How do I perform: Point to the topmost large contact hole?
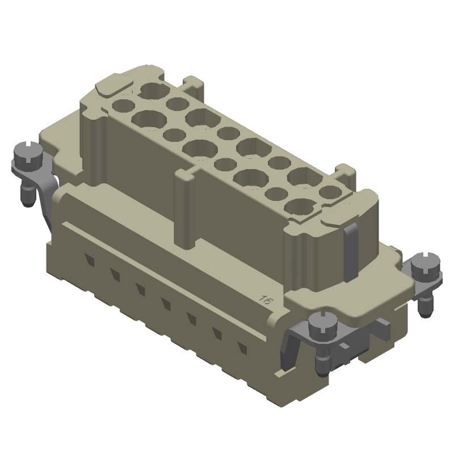(x=153, y=90)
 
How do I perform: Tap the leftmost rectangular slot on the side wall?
(x=90, y=260)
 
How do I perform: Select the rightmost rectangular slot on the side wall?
(x=242, y=348)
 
